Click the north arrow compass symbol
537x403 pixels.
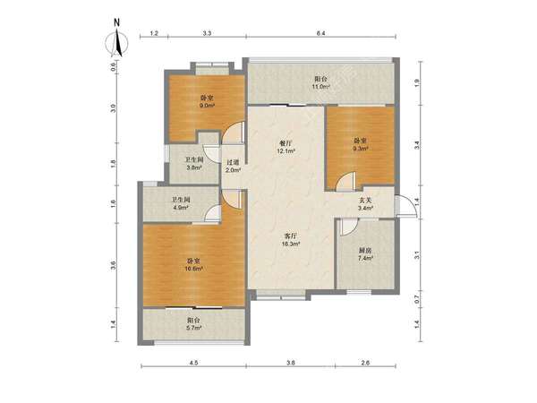pyautogui.click(x=116, y=43)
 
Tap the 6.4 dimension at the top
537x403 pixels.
pyautogui.click(x=320, y=33)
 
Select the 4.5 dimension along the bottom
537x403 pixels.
pyautogui.click(x=193, y=363)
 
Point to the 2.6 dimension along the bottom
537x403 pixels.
pyautogui.click(x=365, y=363)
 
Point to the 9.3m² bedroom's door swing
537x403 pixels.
pyautogui.click(x=345, y=181)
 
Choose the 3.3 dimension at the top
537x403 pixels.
pyautogui.click(x=208, y=33)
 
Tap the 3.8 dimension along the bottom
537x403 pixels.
pyautogui.click(x=291, y=363)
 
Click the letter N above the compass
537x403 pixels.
pyautogui.click(x=116, y=23)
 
